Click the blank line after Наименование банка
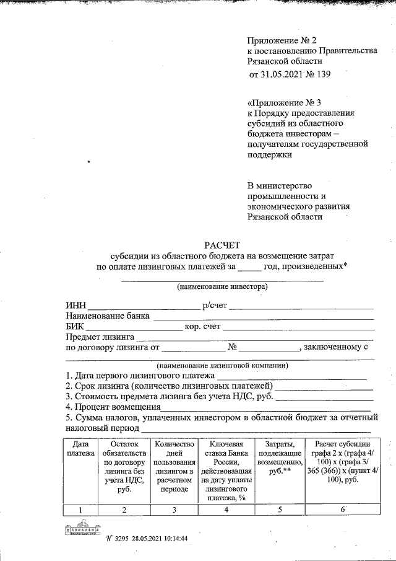coord(263,317)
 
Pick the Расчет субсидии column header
coord(342,461)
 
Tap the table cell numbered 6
coord(342,510)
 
